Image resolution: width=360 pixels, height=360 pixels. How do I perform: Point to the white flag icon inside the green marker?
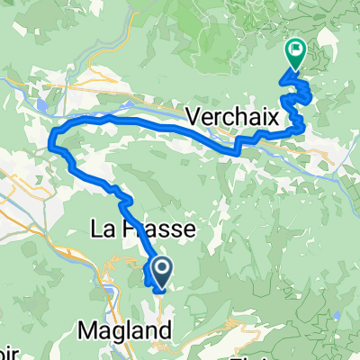[x=294, y=49]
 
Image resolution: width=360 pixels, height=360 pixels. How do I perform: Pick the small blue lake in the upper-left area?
[x=43, y=105]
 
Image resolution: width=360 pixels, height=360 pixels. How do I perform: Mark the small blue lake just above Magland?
[x=109, y=292]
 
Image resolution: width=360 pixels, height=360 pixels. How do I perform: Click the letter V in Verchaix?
[x=196, y=114]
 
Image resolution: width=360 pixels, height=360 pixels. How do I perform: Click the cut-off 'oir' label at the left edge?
[x=7, y=349]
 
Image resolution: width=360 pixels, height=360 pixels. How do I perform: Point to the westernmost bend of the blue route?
[x=53, y=137]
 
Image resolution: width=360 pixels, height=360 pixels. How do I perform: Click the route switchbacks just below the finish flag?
[x=298, y=94]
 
